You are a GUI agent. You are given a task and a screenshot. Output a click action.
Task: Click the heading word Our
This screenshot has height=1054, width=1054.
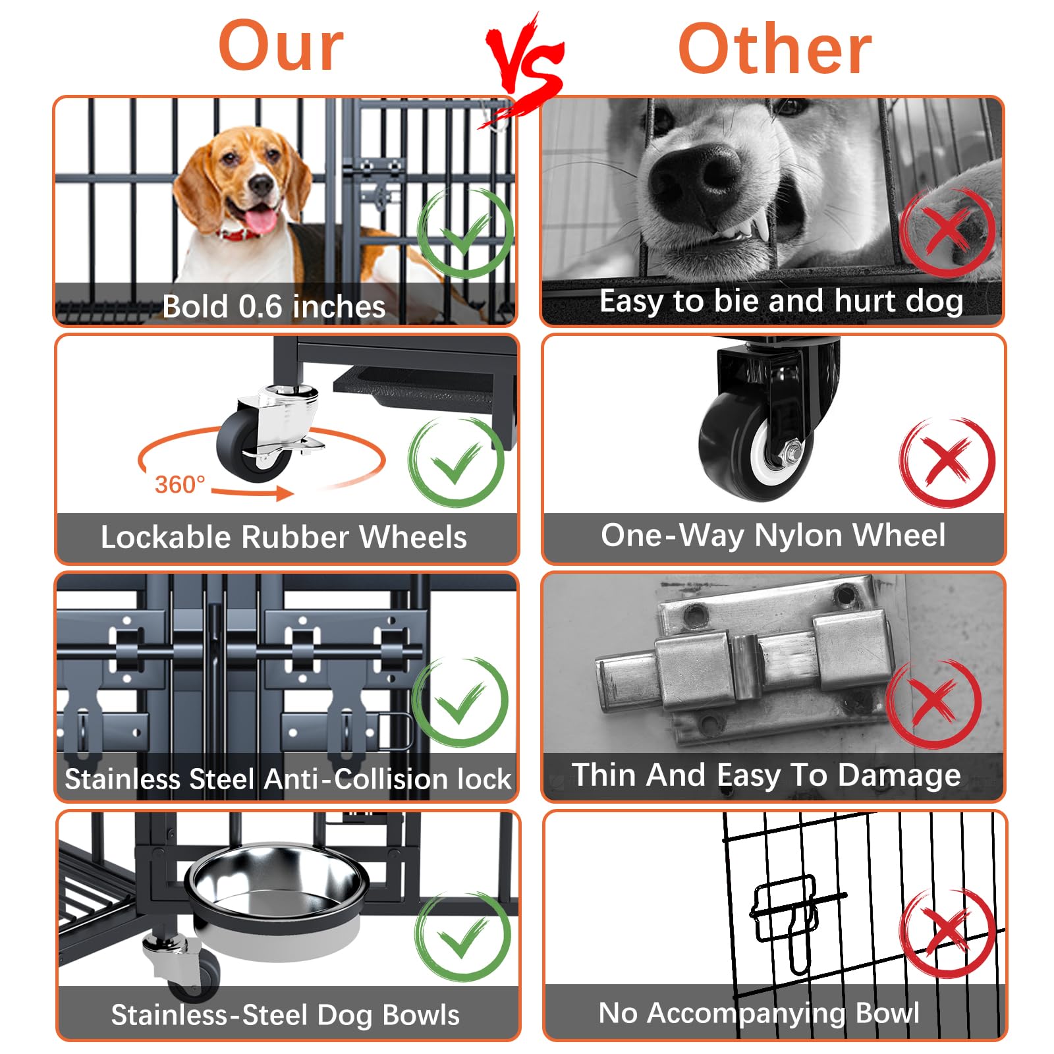pyautogui.click(x=281, y=46)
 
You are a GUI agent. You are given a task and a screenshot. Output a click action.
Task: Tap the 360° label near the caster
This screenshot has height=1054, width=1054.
pyautogui.click(x=179, y=485)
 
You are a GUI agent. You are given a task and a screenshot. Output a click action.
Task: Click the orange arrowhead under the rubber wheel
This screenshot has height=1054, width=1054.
pyautogui.click(x=285, y=493)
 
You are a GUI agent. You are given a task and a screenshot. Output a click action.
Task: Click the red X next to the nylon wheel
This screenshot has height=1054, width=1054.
pyautogui.click(x=947, y=461)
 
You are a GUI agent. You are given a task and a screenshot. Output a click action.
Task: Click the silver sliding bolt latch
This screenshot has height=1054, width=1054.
pyautogui.click(x=744, y=665)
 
